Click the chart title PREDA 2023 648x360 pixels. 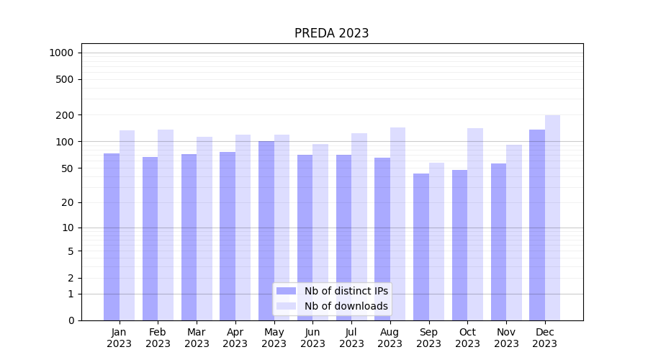click(x=331, y=33)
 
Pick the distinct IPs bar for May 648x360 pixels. click(x=266, y=230)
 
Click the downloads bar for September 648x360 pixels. click(x=436, y=241)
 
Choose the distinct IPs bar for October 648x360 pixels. click(x=459, y=245)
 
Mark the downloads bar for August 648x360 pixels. click(x=397, y=224)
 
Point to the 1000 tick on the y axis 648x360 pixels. click(x=61, y=53)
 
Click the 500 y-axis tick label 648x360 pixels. click(x=65, y=79)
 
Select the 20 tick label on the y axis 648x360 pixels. click(x=67, y=202)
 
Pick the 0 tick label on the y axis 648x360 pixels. click(x=71, y=320)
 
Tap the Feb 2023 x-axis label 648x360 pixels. click(x=158, y=338)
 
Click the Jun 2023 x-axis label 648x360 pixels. click(x=312, y=338)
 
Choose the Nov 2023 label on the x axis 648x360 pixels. click(x=506, y=338)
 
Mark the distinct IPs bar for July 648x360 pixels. click(x=343, y=238)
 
